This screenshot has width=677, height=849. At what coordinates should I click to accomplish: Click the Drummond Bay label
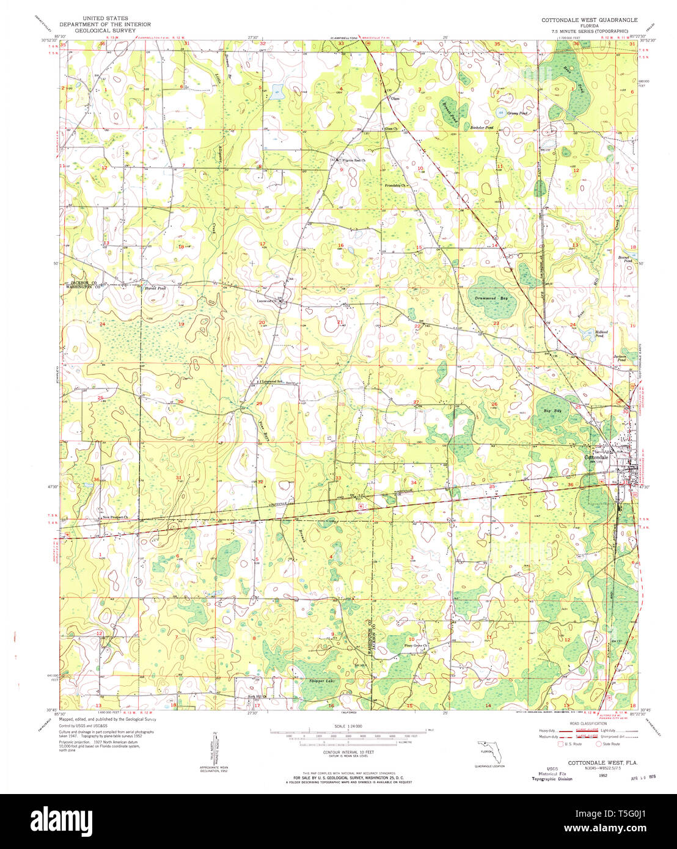point(491,298)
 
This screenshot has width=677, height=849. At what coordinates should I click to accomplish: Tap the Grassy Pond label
point(517,113)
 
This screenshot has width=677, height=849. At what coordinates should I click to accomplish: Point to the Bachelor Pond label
point(481,128)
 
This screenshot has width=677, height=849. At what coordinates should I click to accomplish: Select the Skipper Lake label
point(322,680)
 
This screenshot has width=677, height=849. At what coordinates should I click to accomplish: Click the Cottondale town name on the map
point(596,457)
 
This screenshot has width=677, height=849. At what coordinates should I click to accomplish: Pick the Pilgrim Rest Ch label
point(353,161)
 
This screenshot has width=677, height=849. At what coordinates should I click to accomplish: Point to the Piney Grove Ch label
point(415,646)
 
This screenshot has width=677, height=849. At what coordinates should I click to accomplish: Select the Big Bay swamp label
point(553,411)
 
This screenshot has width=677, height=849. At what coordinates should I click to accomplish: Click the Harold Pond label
point(155,288)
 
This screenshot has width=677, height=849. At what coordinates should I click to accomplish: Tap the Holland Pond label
point(599,333)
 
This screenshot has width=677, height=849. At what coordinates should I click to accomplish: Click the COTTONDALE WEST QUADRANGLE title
point(589,20)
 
